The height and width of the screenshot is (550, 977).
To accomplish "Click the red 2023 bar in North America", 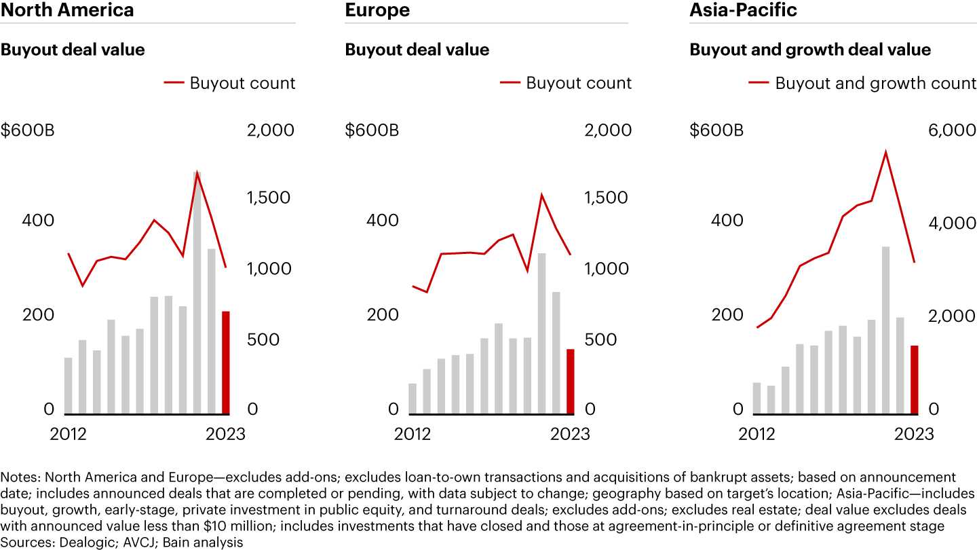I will point(226,363).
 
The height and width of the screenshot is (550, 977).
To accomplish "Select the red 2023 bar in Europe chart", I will point(571,381).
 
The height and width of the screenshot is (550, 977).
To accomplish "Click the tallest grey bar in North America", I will point(197,293).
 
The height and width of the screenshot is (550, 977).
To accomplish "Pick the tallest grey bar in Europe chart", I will point(542,333).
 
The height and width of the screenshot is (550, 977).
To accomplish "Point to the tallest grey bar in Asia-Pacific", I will point(885,330).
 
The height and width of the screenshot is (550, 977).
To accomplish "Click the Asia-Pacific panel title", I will point(743,10).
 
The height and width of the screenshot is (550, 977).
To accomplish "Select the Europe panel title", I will point(377,10).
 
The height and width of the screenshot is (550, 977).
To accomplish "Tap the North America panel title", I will point(67,10).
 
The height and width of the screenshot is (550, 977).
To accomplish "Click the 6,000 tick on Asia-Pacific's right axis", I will point(951,130).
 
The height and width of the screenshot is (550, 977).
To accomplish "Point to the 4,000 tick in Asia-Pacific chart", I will point(951,222).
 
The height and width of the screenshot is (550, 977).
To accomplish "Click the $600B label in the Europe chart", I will point(372,130).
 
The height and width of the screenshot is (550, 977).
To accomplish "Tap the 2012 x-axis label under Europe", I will point(413,434).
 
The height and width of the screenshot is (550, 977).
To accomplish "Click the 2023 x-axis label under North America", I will point(226,434).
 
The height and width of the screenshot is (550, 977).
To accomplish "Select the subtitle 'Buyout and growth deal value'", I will point(810,50).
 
